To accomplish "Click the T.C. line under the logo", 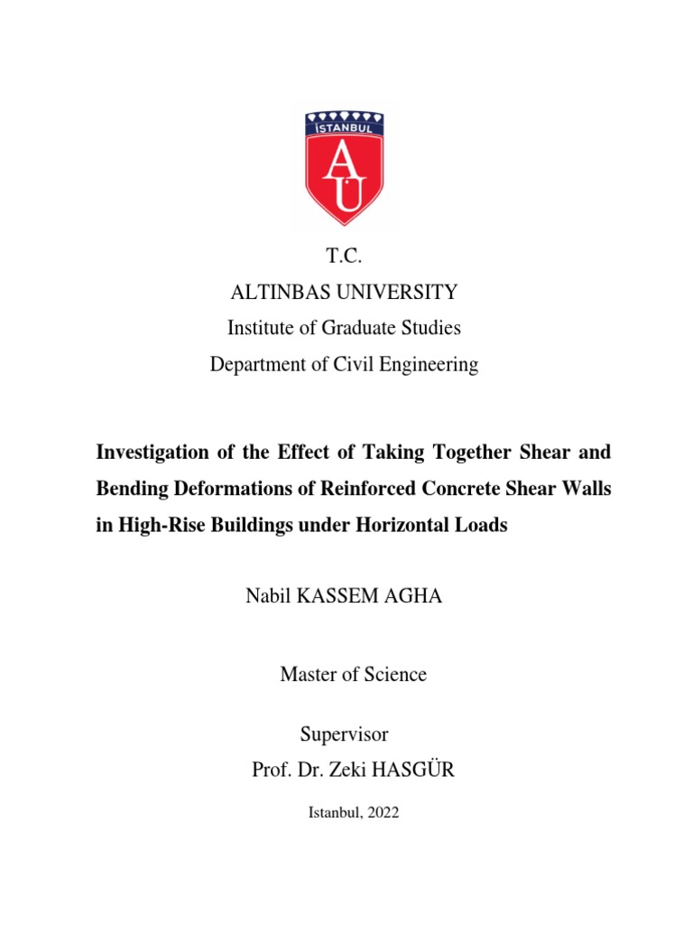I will point(344,257).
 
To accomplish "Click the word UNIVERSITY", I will point(408,293).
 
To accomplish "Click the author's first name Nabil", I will point(266,597).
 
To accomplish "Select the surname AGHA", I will point(413,597).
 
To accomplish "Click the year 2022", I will point(379,812).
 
